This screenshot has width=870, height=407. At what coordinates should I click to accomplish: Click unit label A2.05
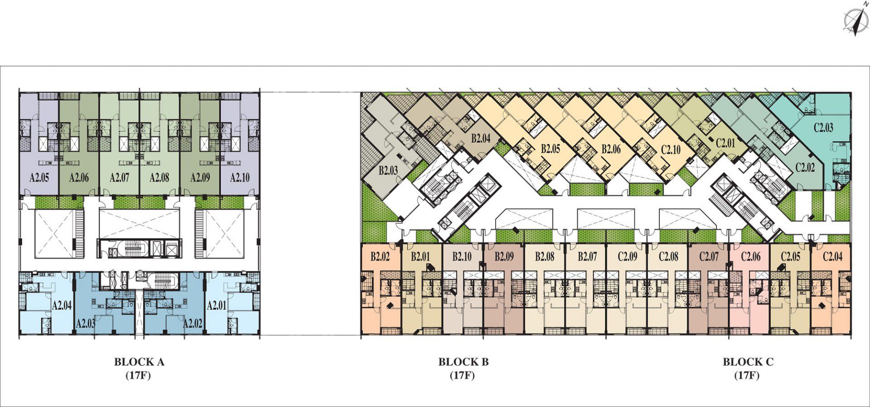39,178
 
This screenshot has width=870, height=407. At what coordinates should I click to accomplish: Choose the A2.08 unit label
159,178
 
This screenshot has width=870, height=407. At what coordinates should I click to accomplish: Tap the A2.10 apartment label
240,178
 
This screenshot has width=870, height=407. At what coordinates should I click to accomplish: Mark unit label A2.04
62,305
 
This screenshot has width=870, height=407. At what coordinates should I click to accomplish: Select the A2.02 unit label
193,324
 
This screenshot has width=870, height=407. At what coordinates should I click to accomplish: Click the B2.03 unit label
388,171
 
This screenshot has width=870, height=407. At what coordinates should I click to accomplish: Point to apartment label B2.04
480,138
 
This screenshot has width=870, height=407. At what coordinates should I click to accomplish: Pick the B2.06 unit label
611,149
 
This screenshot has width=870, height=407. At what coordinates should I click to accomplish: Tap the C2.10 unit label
671,149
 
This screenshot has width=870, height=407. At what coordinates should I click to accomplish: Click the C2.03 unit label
823,128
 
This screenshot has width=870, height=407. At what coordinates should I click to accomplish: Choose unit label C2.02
805,167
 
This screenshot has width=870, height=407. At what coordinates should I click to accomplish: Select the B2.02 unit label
380,257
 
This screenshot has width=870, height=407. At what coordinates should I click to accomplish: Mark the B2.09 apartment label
504,257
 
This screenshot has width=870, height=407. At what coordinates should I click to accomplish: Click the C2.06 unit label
750,257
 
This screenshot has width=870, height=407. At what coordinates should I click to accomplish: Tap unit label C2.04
832,257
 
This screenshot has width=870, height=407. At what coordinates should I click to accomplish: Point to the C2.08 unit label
668,257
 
